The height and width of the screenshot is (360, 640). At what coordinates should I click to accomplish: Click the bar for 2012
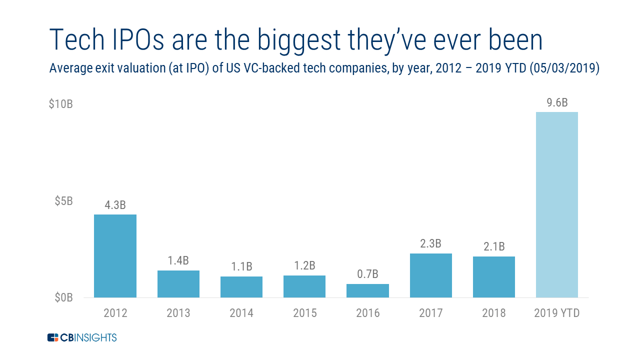coord(115,256)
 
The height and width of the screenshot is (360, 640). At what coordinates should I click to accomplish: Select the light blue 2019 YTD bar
coord(556,204)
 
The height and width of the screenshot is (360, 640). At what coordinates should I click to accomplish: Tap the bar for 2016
coord(367,290)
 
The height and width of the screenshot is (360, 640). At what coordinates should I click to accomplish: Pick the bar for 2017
coord(430,275)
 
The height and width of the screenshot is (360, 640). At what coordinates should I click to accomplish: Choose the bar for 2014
coord(241,287)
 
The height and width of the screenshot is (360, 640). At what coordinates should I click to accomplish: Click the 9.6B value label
coord(556,103)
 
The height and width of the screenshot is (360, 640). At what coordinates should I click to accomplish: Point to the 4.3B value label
coord(115,205)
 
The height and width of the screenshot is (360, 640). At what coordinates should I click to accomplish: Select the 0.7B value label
coord(367,274)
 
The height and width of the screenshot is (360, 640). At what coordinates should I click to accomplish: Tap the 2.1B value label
coord(493,247)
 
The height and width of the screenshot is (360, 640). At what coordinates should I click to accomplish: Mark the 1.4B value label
coord(178,261)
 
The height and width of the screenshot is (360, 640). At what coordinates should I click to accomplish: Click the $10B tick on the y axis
coord(61,105)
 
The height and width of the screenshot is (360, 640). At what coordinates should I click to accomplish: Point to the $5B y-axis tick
coord(63,201)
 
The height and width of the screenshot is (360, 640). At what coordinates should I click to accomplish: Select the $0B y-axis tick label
coord(63,298)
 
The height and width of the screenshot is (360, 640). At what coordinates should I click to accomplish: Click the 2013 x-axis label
coord(178,313)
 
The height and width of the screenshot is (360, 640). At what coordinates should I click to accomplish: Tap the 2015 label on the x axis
coord(304,313)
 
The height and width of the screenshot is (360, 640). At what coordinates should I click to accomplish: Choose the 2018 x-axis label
coord(493,313)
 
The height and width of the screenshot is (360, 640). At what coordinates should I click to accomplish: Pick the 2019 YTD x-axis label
coord(556,313)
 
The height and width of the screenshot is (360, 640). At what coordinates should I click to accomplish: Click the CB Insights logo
coord(82,337)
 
